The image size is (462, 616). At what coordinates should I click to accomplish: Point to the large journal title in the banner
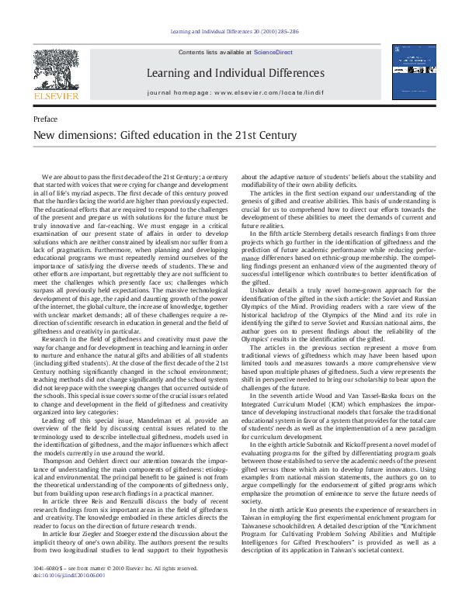point(230,73)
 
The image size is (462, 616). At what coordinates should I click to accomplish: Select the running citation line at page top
point(231,32)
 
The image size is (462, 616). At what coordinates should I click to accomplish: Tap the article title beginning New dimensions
point(154,136)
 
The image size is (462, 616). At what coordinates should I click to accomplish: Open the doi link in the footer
point(69,598)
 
